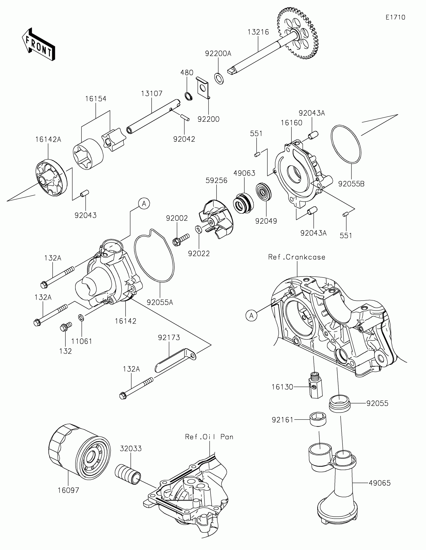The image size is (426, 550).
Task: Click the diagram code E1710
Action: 395,17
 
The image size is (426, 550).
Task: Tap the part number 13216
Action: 258,32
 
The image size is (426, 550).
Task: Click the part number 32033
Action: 131,449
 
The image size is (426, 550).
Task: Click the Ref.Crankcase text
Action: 296,257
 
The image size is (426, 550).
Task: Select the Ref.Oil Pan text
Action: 209,437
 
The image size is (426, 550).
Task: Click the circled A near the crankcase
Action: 251,315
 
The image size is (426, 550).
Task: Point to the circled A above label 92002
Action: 144,203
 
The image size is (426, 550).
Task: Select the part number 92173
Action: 169,337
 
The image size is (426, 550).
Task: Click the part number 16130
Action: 282,387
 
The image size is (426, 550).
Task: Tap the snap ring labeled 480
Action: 187,96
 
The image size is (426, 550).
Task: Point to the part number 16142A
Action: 48,139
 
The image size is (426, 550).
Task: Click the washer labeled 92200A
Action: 219,79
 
